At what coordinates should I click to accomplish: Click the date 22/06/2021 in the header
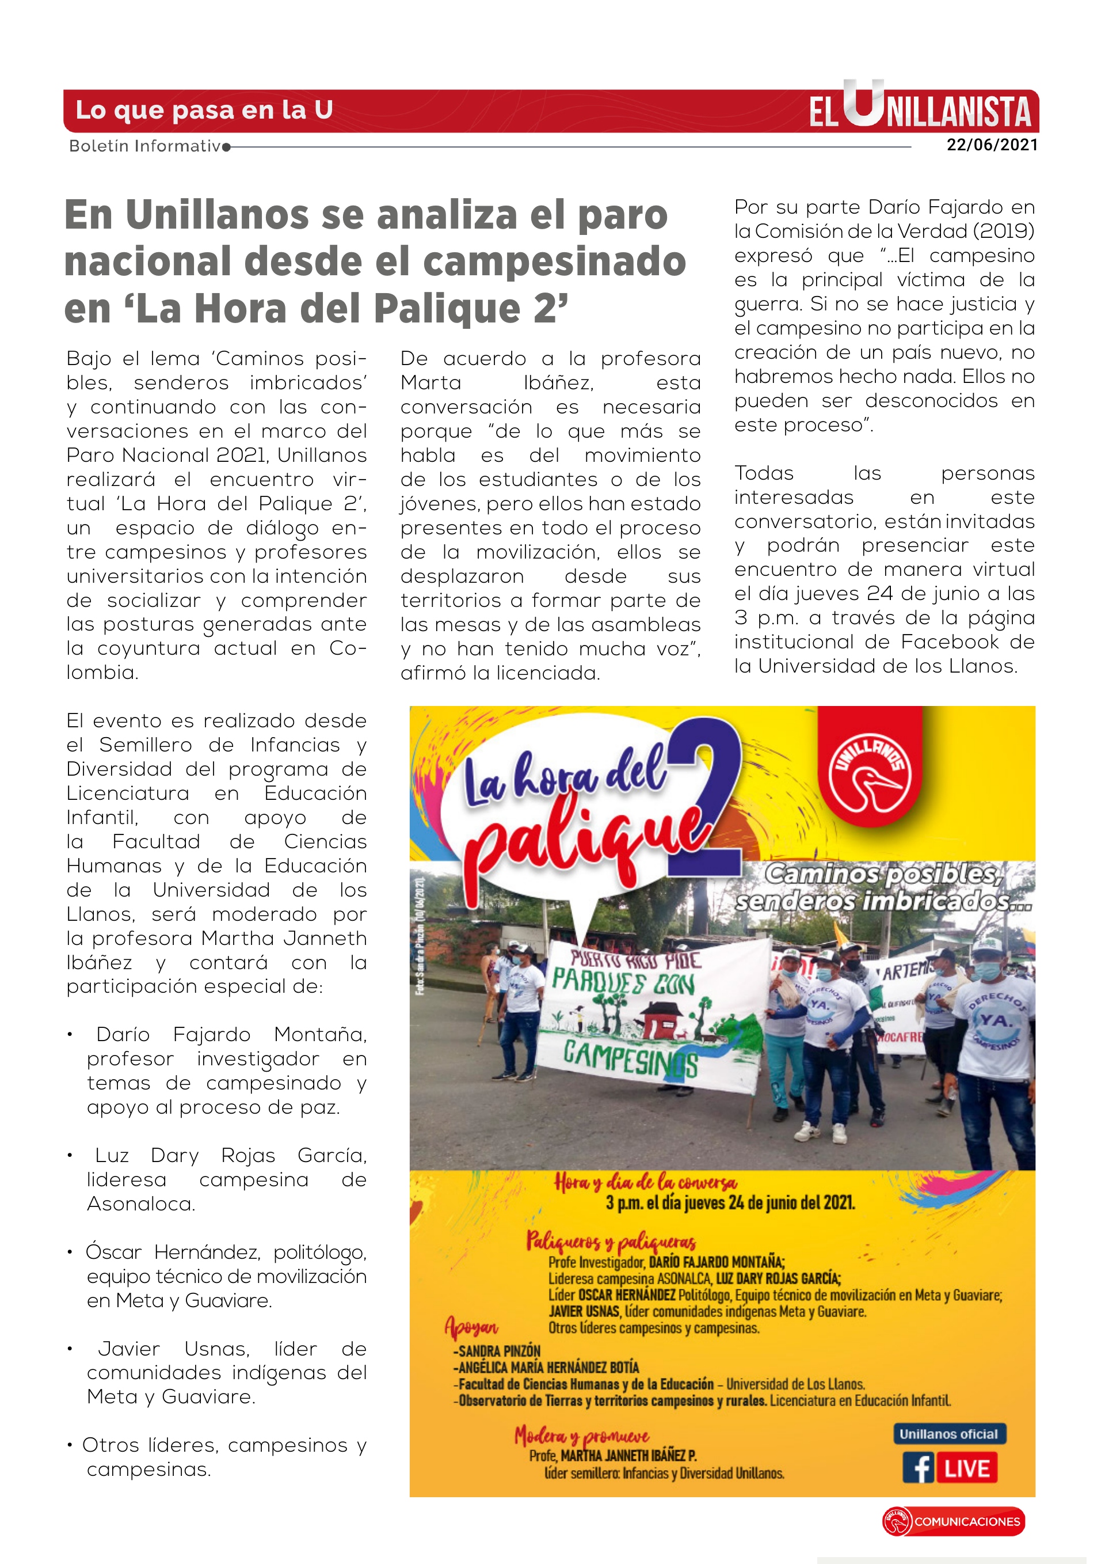992,145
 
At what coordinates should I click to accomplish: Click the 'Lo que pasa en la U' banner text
204,109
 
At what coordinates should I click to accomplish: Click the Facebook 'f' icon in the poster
919,1468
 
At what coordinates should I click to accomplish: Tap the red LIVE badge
967,1468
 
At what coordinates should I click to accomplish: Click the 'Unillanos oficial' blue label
948,1434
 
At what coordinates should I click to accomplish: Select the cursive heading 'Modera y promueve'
581,1435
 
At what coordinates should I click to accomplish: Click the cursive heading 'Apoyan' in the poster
471,1326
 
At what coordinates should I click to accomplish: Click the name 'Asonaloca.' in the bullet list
141,1204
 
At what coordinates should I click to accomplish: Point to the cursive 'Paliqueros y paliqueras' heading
611,1240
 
